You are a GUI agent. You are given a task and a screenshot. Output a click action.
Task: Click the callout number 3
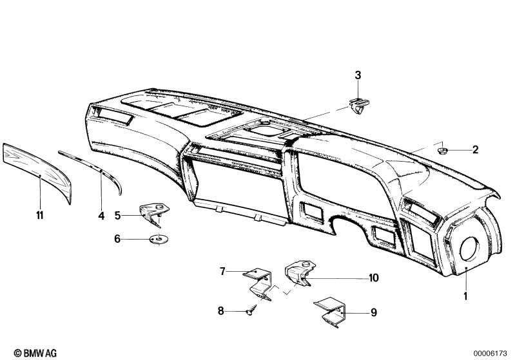tap(358, 75)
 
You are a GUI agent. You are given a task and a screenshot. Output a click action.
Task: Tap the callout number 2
tap(475, 150)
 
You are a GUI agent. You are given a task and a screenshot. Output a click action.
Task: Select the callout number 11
tap(40, 216)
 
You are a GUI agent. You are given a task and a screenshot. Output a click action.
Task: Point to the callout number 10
tap(374, 278)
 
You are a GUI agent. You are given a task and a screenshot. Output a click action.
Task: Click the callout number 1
tap(465, 296)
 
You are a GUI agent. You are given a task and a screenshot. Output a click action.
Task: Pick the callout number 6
tap(117, 238)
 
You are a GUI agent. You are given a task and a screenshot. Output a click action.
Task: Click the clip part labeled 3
tap(358, 106)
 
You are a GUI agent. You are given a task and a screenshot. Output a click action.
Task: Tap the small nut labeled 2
tap(442, 151)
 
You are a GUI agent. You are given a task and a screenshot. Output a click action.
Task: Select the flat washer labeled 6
tap(159, 239)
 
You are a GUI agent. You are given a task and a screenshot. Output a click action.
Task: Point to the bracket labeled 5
tap(153, 214)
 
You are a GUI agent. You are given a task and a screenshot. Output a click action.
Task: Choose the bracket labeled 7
tap(260, 283)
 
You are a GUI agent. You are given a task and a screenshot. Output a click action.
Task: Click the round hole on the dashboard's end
tap(470, 249)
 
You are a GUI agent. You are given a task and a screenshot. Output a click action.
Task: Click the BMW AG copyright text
tap(35, 353)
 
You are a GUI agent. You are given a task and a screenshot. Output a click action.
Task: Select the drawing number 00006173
tap(490, 354)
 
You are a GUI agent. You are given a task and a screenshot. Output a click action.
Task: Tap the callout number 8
tap(220, 310)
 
